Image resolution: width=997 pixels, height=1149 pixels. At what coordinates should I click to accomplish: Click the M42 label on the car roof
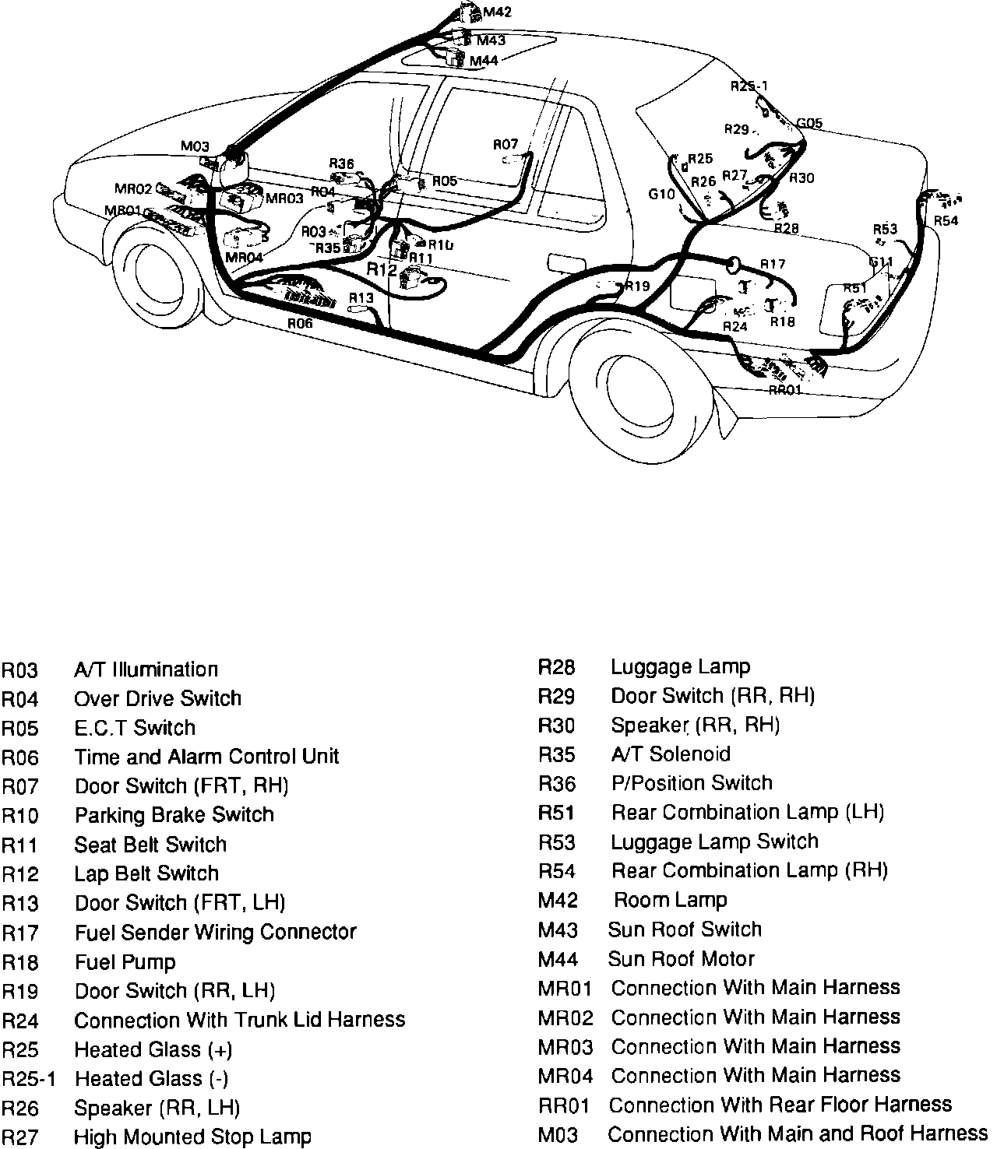point(497,12)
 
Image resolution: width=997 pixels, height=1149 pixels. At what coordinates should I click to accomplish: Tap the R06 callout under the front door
point(300,323)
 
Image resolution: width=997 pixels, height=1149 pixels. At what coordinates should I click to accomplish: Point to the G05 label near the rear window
point(809,124)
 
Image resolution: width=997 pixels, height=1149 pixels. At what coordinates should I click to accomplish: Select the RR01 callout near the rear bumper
point(784,389)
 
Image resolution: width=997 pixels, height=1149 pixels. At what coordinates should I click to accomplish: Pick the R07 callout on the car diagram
point(506,144)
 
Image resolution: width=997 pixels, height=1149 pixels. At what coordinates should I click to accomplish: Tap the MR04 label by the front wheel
point(243,257)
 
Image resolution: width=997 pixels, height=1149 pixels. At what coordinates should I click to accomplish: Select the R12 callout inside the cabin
point(382,269)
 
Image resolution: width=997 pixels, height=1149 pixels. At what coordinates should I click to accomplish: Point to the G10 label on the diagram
point(661,194)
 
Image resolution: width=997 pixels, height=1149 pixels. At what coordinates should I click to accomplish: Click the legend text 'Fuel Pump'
point(125,962)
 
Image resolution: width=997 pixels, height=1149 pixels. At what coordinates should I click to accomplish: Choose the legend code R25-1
point(28,1079)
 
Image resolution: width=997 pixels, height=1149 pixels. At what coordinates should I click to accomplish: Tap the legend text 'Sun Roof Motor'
point(681,958)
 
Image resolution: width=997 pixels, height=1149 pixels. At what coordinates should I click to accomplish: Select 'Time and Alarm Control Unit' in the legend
point(206,757)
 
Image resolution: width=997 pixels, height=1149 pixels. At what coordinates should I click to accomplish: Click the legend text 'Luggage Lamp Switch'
point(714,842)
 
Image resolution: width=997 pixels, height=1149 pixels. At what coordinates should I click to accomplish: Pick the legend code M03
point(558,1135)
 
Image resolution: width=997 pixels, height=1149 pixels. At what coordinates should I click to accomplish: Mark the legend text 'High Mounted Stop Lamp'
point(192,1137)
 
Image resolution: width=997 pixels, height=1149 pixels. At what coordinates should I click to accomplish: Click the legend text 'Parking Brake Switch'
point(174,815)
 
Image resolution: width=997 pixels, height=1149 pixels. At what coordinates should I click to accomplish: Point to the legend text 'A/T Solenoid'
point(671,754)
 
